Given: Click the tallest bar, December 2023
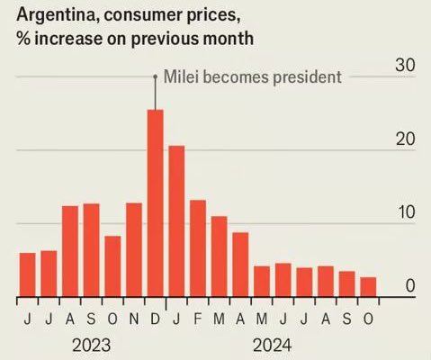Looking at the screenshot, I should [156, 203].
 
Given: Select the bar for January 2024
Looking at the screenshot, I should [176, 221].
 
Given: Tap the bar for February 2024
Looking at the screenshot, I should [198, 248].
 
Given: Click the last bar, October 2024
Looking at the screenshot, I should [368, 287].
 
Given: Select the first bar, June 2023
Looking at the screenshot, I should [27, 274].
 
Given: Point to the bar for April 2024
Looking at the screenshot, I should [240, 265].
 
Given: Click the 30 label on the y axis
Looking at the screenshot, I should [405, 65].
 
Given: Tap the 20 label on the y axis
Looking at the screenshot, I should [405, 139].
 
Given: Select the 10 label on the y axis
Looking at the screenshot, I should [406, 213].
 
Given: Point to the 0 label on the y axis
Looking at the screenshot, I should [409, 287].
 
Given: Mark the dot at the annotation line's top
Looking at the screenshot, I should [155, 76].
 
